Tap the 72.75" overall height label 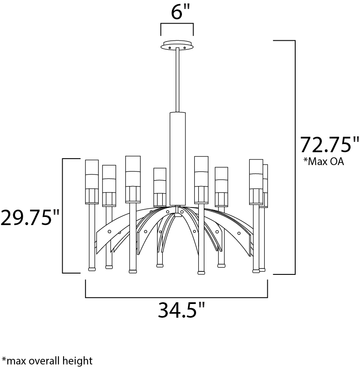pos(330,144)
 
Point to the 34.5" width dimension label pos(182,310)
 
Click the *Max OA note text pos(324,162)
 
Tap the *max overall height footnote pos(47,361)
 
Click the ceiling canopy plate pos(177,45)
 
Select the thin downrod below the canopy pos(177,80)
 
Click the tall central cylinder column pos(178,159)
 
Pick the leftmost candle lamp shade pos(92,182)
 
